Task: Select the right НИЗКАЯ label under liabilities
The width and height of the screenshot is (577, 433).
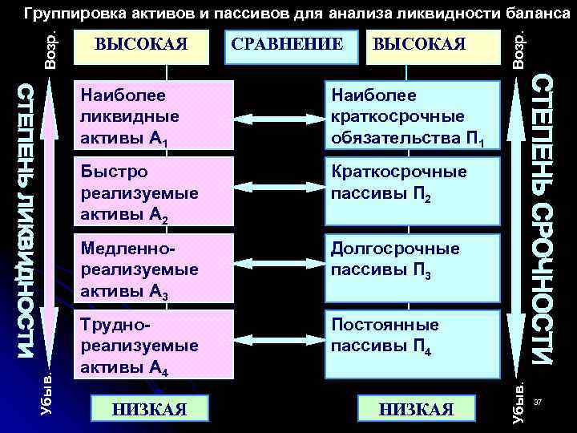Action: pos(416,409)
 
